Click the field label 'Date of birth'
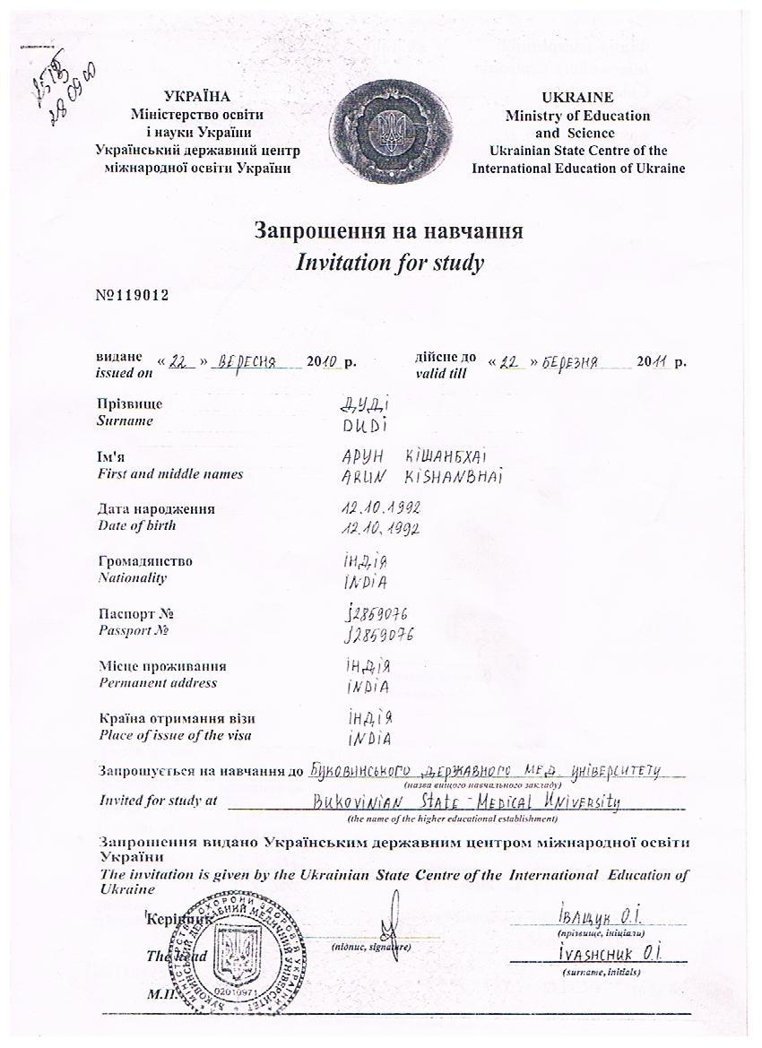tap(136, 526)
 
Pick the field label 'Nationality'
tap(132, 578)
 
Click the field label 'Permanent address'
tap(157, 683)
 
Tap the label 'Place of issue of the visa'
tap(174, 736)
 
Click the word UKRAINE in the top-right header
tap(577, 98)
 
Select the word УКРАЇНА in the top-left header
tap(198, 97)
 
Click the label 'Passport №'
tap(134, 631)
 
